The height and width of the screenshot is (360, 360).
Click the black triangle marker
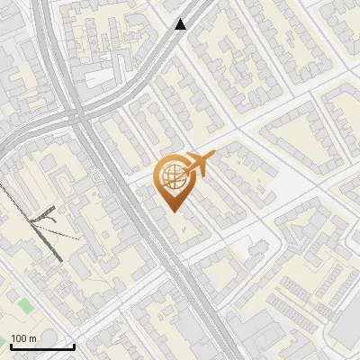181,24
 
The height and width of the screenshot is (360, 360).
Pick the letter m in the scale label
33,338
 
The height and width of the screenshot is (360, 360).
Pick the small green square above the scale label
25,306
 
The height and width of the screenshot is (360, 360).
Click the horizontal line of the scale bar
42,346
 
